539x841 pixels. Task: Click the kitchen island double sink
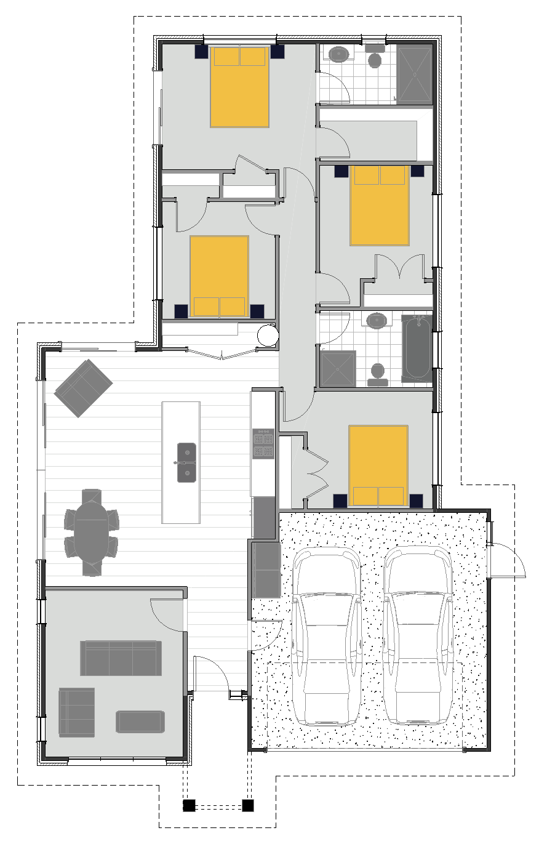[x=187, y=462]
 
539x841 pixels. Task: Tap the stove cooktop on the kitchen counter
[x=263, y=445]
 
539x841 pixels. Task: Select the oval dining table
[x=91, y=533]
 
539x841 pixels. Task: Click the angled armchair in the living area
[x=83, y=388]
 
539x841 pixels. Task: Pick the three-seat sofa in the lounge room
[x=121, y=658]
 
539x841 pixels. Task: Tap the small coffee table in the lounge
[x=141, y=722]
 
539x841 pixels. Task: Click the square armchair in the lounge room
[x=77, y=712]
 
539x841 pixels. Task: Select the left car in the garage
[x=326, y=637]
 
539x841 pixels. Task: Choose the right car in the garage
[x=417, y=637]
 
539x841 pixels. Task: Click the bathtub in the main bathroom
[x=417, y=348]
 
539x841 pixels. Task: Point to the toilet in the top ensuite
[x=375, y=57]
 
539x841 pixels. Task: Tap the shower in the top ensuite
[x=415, y=74]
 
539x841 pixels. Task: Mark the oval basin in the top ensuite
[x=339, y=54]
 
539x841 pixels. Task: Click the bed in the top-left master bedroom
[x=240, y=86]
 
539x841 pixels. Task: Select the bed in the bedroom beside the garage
[x=378, y=465]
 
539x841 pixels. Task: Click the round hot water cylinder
[x=268, y=335]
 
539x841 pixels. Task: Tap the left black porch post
[x=189, y=805]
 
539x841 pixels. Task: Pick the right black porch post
[x=248, y=805]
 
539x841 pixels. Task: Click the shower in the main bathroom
[x=338, y=368]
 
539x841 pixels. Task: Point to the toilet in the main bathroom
[x=377, y=374]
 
